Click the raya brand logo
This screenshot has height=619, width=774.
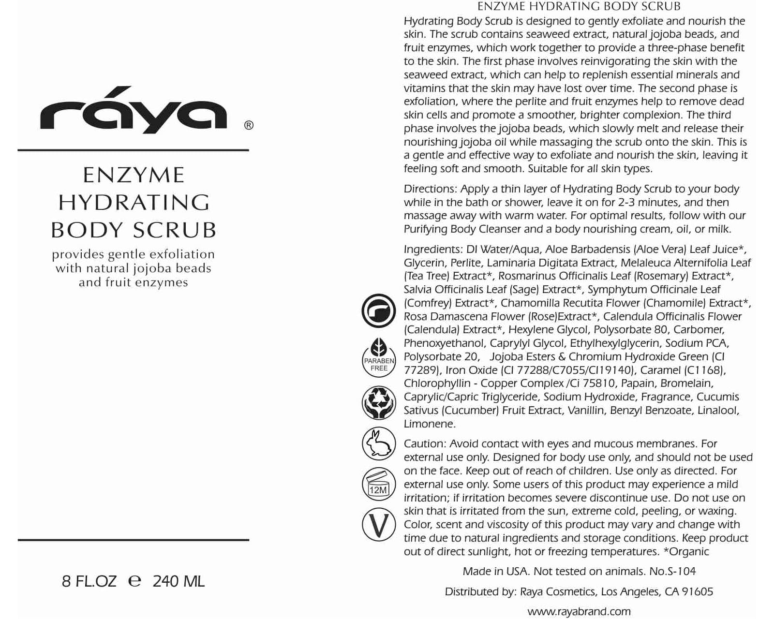coord(133,110)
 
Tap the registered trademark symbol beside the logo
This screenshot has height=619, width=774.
coord(249,125)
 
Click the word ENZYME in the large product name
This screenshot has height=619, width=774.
coord(134,175)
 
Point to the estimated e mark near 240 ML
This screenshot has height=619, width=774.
coord(134,581)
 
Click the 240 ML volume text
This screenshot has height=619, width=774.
coord(179,581)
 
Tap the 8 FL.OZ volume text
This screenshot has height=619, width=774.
coord(89,581)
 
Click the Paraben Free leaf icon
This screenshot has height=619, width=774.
coord(379,356)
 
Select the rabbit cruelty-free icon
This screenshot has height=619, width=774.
coord(379,443)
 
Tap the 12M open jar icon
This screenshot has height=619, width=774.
coord(379,484)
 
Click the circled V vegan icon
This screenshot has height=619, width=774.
coord(379,525)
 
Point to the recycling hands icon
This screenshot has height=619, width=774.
coord(379,402)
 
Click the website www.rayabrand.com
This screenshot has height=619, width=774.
coord(579,611)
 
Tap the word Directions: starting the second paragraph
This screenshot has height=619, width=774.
coord(430,189)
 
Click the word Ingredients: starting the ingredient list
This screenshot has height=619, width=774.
coord(433,249)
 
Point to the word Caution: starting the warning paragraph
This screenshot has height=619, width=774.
coord(425,443)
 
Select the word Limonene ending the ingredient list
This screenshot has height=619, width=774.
coord(429,424)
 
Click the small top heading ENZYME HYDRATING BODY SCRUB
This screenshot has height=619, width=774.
coord(579,6)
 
